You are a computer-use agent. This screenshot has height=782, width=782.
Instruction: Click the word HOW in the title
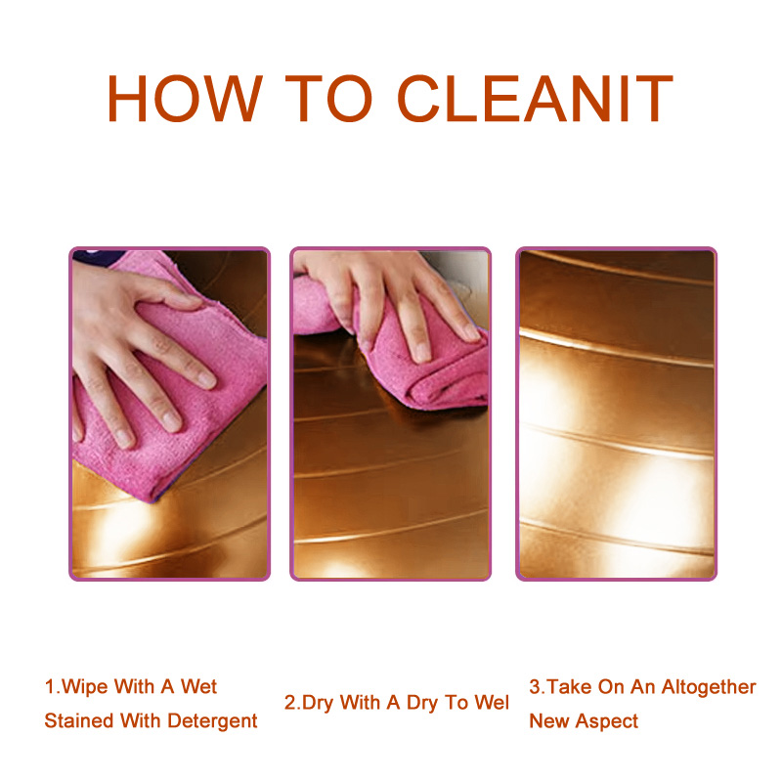pos(185,98)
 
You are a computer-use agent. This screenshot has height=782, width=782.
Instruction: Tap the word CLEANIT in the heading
pos(535,98)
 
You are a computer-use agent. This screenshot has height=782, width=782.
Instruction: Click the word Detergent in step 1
pos(212,720)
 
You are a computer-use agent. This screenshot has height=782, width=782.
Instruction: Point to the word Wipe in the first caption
pos(84,687)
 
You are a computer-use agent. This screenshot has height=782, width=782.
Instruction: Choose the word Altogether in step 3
pos(709,687)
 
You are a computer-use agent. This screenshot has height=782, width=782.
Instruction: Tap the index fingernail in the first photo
pos(205,380)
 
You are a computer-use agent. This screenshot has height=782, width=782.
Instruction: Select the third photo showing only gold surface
pos(617,413)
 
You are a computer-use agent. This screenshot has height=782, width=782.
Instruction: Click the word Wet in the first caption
pos(198,687)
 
